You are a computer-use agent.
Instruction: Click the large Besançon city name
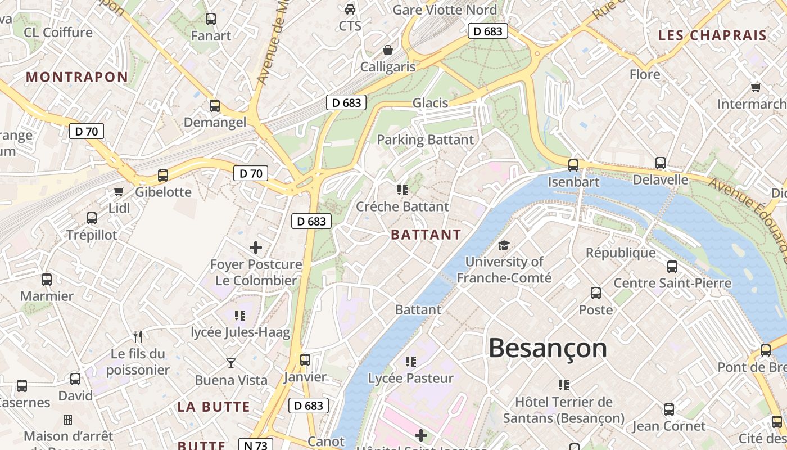click(x=548, y=348)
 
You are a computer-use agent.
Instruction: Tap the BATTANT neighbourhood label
click(x=426, y=235)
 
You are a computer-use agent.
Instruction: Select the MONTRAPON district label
click(x=77, y=77)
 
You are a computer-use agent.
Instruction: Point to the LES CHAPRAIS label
click(x=712, y=35)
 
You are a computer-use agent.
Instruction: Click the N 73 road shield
click(x=255, y=445)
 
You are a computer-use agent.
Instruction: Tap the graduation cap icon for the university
click(x=504, y=246)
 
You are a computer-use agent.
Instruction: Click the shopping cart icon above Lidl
click(x=119, y=192)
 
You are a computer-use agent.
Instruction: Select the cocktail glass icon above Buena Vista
click(x=231, y=363)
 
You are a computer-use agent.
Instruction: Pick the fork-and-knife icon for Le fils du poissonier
click(x=138, y=336)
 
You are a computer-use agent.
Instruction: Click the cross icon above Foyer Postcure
click(x=256, y=247)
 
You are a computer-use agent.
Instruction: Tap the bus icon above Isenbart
click(x=573, y=165)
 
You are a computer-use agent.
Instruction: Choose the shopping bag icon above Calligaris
click(x=387, y=51)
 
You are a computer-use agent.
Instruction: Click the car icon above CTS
click(x=350, y=10)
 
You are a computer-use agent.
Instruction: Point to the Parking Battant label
click(x=426, y=139)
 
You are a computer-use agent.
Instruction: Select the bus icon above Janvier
click(x=305, y=360)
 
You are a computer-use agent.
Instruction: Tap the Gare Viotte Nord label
click(x=445, y=10)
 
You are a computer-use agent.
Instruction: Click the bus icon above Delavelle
click(x=661, y=163)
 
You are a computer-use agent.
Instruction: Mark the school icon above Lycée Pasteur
click(x=411, y=362)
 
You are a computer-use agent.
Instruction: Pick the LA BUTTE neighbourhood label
click(x=214, y=407)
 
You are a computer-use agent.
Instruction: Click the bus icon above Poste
click(x=596, y=293)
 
